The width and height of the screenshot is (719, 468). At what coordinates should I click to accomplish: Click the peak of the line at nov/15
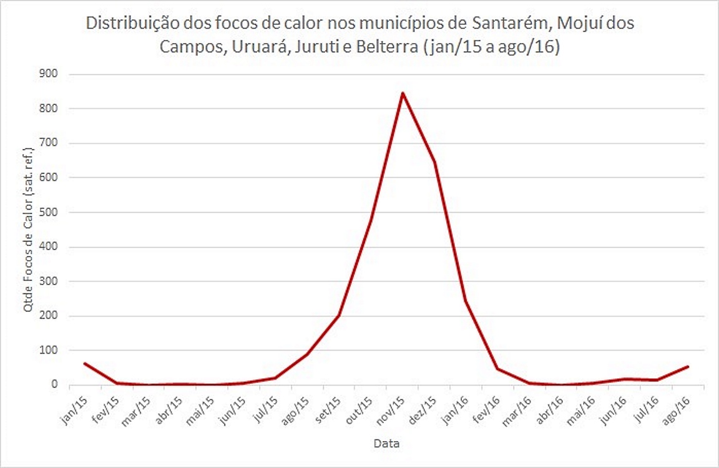tap(403, 93)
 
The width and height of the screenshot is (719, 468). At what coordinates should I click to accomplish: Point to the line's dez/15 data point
tap(434, 163)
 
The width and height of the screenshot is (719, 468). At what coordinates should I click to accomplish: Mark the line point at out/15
tap(371, 220)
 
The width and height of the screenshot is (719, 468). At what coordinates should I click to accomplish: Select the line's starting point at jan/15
tap(84, 363)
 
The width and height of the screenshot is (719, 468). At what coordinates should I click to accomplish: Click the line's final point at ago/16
tap(688, 366)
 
